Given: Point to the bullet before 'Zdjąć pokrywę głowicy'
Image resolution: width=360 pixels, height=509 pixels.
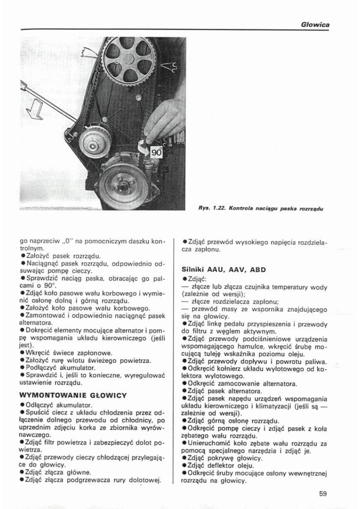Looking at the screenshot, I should click(184, 458).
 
